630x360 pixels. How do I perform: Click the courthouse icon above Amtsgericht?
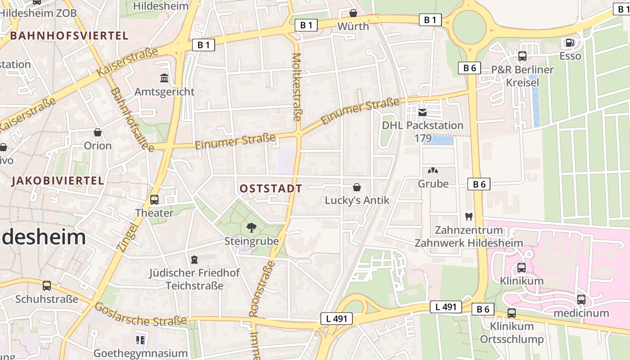[x=164, y=78]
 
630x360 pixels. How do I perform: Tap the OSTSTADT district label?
[x=270, y=189]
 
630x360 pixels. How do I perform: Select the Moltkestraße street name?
[x=297, y=87]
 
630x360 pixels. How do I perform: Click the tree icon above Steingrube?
[x=252, y=228]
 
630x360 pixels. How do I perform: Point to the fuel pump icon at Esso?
[x=570, y=43]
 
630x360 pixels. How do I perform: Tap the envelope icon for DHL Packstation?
[x=423, y=112]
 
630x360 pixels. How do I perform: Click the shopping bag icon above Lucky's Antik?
[x=357, y=187]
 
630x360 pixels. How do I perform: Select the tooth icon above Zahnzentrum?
[x=468, y=216]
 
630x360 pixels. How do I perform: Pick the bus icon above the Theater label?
[x=154, y=199]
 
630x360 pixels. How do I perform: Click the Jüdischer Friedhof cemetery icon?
[x=194, y=259]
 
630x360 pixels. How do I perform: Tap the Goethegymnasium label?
[x=140, y=353]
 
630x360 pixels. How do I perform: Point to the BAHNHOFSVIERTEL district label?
[x=69, y=36]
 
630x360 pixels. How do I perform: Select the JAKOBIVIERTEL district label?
[x=58, y=181]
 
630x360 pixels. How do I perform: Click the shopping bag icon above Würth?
[x=353, y=13]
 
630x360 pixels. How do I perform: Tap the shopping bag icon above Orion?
[x=98, y=132]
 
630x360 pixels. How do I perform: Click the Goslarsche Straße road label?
[x=140, y=314]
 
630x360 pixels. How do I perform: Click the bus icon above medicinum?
[x=581, y=299]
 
